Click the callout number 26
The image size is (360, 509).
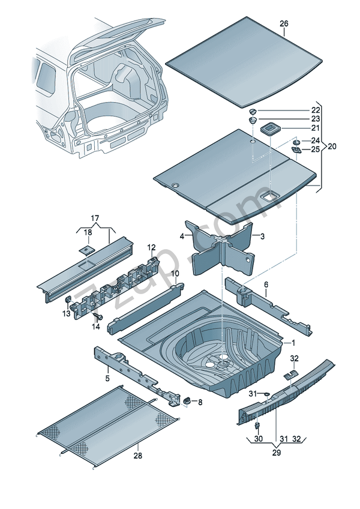pyautogui.click(x=284, y=23)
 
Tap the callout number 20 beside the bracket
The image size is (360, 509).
pyautogui.click(x=332, y=146)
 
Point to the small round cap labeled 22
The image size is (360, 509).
pyautogui.click(x=253, y=111)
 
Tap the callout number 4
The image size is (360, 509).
pyautogui.click(x=182, y=236)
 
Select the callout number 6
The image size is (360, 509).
pyautogui.click(x=266, y=285)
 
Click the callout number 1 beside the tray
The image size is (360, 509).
pyautogui.click(x=293, y=343)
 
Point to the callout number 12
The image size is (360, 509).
pyautogui.click(x=151, y=247)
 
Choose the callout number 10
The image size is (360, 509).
pyautogui.click(x=175, y=274)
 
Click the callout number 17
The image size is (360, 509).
pyautogui.click(x=94, y=218)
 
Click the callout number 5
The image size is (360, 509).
pyautogui.click(x=107, y=378)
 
